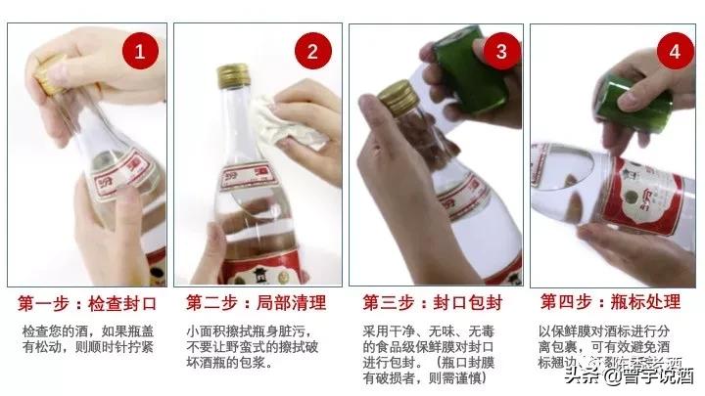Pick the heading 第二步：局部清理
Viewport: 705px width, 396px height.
point(258,300)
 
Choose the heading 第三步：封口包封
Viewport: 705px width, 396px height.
point(434,300)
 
